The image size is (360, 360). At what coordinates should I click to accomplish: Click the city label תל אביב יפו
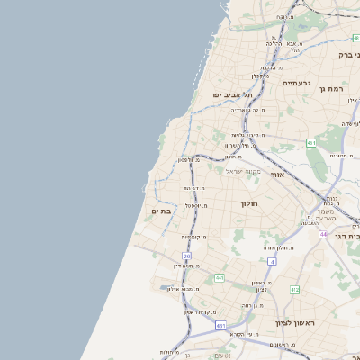click(x=232, y=94)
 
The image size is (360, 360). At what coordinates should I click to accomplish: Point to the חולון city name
click(x=249, y=203)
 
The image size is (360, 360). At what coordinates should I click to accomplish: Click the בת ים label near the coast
click(x=161, y=211)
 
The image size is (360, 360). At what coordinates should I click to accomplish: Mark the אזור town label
click(x=277, y=175)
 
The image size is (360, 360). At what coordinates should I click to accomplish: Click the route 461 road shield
click(x=311, y=143)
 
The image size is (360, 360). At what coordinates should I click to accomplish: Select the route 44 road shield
click(x=322, y=234)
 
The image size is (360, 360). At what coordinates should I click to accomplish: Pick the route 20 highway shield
click(x=186, y=256)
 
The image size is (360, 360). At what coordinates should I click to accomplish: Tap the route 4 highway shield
click(x=272, y=261)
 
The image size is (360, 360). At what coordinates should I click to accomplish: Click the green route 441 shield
click(x=219, y=278)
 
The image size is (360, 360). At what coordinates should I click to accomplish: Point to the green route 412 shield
click(x=294, y=290)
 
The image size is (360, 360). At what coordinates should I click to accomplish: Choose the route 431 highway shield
click(x=220, y=325)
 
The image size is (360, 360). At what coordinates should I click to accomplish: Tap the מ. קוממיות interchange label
click(x=193, y=237)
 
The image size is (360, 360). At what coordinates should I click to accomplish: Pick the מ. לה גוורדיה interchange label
click(x=250, y=110)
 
